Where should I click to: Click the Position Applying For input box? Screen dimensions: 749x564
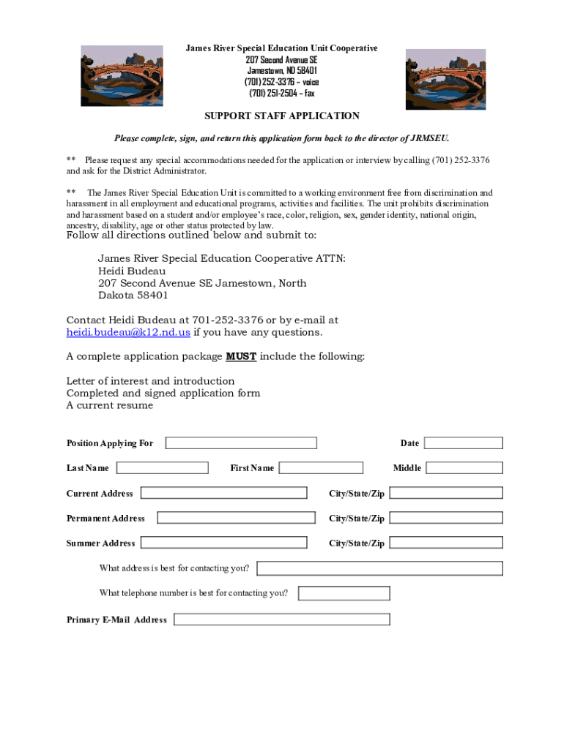tap(241, 443)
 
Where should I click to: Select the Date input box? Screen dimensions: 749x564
tap(463, 443)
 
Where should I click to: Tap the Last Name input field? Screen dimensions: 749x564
tap(162, 467)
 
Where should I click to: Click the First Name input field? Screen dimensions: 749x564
tap(321, 467)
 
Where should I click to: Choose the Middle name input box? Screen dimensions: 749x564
tap(464, 467)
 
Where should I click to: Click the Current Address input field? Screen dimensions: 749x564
tap(223, 493)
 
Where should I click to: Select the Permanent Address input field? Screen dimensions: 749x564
tap(236, 518)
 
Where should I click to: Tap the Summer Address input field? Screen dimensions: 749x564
tap(223, 543)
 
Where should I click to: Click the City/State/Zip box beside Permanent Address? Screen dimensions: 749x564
tap(445, 518)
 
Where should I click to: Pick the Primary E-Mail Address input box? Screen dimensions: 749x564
tap(281, 620)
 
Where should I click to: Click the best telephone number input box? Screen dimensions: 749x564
tap(344, 593)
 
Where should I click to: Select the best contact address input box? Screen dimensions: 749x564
tap(379, 568)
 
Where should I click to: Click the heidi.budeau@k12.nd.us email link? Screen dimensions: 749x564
tap(128, 332)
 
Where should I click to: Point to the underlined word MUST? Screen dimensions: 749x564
tap(241, 356)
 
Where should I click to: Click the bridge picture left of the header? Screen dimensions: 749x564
tap(122, 76)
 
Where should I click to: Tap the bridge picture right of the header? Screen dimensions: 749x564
tap(445, 79)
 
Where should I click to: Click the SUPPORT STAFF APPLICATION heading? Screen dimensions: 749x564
tap(282, 116)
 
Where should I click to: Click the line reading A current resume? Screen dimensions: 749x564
tap(110, 405)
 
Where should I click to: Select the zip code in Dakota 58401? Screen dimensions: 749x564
tap(152, 296)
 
